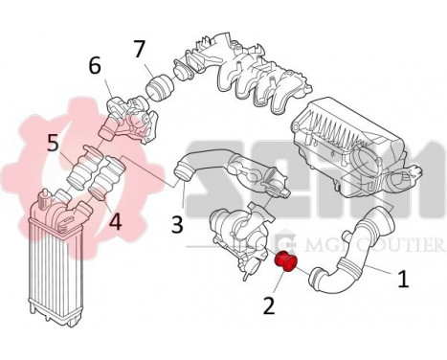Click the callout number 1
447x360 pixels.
pyautogui.click(x=403, y=280)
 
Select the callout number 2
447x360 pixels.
pyautogui.click(x=269, y=306)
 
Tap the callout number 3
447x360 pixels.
pyautogui.click(x=177, y=224)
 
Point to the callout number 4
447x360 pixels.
pyautogui.click(x=114, y=221)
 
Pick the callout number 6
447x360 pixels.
pyautogui.click(x=95, y=65)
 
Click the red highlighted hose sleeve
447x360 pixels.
pyautogui.click(x=284, y=263)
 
